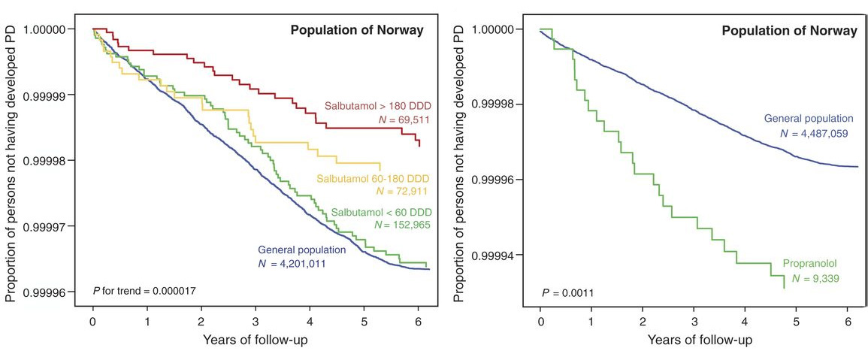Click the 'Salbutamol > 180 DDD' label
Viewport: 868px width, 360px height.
click(x=372, y=106)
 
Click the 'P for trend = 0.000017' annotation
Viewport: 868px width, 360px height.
click(x=144, y=290)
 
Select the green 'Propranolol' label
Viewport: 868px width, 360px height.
click(x=810, y=265)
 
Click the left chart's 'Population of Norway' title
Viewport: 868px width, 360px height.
click(x=357, y=31)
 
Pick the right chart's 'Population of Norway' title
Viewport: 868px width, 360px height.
click(x=789, y=32)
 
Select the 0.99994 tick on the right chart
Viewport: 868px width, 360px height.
click(x=494, y=256)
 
